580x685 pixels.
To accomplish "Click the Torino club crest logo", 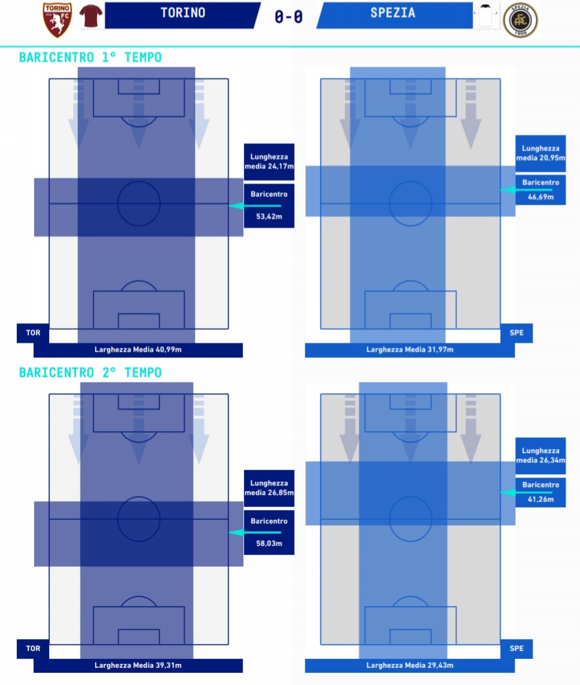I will [x=58, y=20].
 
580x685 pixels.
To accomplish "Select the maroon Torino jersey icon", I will [x=91, y=17].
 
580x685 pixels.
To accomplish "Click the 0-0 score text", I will [x=289, y=17].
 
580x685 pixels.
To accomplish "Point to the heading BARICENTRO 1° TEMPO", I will [x=90, y=58].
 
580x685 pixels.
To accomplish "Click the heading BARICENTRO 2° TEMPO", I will [x=90, y=373].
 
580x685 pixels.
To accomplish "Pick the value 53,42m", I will [x=269, y=216].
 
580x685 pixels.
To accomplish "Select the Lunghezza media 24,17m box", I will [x=269, y=161].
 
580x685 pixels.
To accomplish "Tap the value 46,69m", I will [x=540, y=197].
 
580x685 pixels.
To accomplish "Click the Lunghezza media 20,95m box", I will [x=540, y=153].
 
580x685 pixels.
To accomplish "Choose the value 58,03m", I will [x=269, y=543].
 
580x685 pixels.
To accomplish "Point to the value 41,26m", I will [x=540, y=499].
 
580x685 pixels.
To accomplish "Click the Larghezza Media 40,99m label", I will [x=138, y=350].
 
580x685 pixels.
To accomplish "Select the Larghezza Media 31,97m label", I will [x=409, y=350].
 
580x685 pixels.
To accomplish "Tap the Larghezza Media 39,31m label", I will [x=138, y=665].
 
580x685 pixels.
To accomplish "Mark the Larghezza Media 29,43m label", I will [x=409, y=665].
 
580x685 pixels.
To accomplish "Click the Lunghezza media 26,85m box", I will [x=269, y=488].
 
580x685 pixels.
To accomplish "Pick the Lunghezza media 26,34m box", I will [x=540, y=455].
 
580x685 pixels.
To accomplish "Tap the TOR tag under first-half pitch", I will [x=34, y=333].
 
